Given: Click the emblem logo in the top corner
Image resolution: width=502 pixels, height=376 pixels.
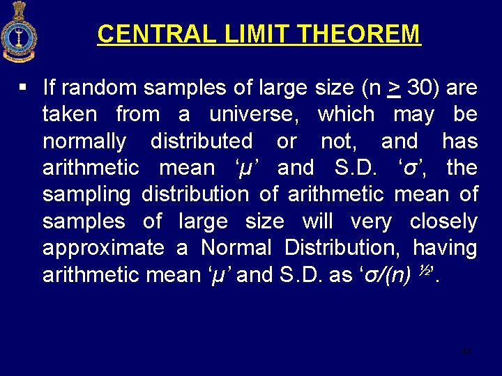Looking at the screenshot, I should [x=20, y=31].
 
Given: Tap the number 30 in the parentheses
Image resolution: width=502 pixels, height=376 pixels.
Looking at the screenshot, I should [x=420, y=88].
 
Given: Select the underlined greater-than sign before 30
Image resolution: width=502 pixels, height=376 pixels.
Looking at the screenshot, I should [x=394, y=88].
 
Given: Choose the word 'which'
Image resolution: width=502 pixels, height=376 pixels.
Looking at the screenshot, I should [x=345, y=114].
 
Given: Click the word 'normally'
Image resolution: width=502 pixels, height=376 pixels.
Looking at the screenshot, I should [x=84, y=141].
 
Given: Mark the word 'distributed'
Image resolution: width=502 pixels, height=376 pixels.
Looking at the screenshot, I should [x=201, y=141].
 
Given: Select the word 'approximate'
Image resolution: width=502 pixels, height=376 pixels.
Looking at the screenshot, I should [x=103, y=248].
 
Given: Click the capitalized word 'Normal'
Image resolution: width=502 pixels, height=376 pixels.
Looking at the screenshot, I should [x=236, y=248].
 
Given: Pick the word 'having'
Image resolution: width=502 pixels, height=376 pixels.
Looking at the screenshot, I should [x=445, y=248].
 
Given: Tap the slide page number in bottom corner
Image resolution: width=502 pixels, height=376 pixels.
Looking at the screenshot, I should [x=466, y=352].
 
